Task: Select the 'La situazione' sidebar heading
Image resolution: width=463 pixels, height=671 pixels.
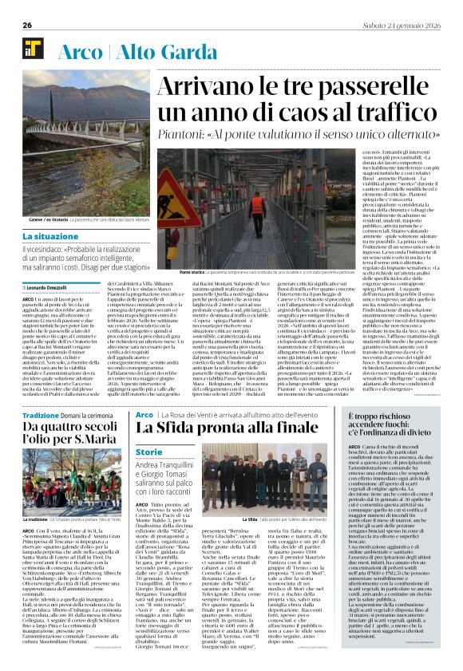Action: tap(50, 237)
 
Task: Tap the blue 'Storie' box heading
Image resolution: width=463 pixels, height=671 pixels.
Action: tap(148, 452)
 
